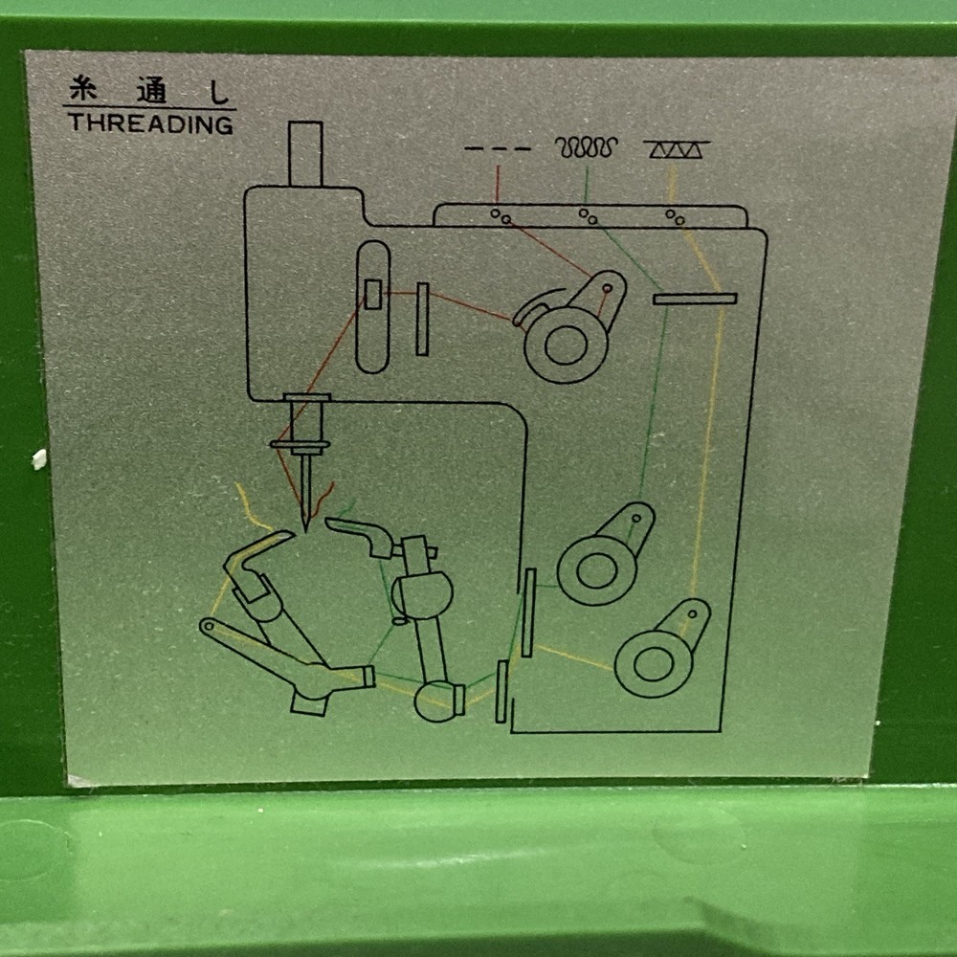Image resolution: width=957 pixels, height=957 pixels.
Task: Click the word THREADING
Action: click(150, 123)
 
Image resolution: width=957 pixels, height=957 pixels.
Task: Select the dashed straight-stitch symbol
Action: click(497, 149)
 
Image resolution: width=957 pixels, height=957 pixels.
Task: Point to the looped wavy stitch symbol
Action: click(586, 147)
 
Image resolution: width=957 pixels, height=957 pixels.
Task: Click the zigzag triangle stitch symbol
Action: click(676, 149)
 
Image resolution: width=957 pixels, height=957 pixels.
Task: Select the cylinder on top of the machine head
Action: click(305, 153)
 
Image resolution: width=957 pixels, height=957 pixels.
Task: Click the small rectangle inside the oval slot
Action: click(372, 295)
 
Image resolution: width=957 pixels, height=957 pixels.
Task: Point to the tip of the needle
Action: click(305, 527)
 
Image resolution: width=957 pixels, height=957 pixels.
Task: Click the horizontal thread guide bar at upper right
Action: click(695, 299)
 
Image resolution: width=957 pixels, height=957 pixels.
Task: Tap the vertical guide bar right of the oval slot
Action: click(422, 320)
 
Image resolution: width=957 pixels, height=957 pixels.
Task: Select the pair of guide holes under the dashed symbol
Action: click(501, 216)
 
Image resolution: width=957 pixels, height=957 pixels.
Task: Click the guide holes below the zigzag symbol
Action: click(675, 216)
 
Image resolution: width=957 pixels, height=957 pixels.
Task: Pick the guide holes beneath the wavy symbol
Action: click(588, 216)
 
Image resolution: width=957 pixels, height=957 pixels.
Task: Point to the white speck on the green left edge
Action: click(39, 459)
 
